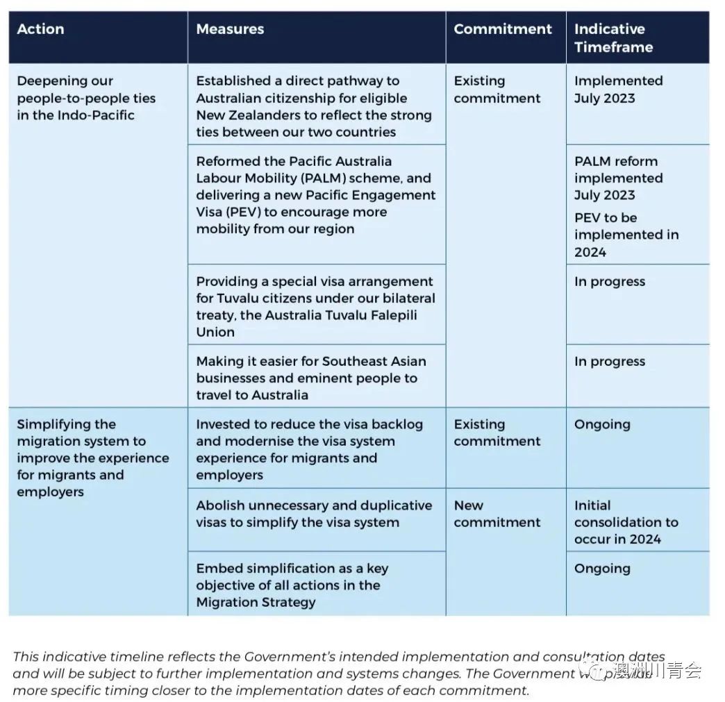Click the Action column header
[40, 29]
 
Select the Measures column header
[230, 29]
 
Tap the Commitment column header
[503, 29]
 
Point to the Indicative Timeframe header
[613, 38]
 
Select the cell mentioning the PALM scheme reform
[315, 195]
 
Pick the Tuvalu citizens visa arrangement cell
[315, 306]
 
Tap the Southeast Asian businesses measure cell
[310, 378]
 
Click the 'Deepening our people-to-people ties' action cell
[86, 98]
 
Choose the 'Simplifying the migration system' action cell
[92, 458]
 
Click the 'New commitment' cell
[497, 514]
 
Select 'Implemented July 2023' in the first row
[618, 90]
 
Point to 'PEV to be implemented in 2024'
[626, 235]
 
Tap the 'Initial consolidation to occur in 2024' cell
[626, 522]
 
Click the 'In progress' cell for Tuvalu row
[609, 282]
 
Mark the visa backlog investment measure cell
[309, 449]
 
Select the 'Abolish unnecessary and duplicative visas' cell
[313, 514]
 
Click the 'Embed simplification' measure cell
[292, 585]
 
